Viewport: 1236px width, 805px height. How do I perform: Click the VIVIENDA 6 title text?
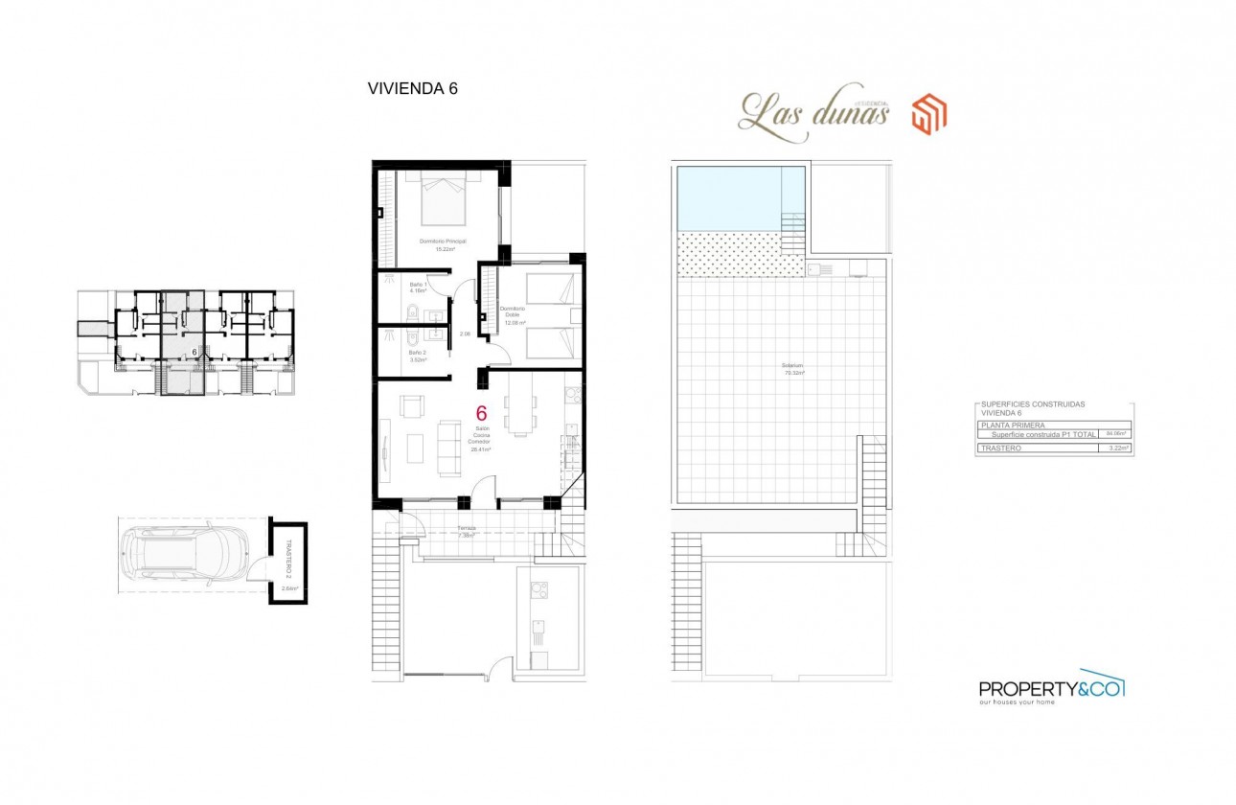(413, 88)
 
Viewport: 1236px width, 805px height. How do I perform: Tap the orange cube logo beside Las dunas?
(928, 114)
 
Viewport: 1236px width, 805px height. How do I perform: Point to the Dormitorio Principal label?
(442, 243)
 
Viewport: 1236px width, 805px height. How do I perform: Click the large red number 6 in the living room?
(481, 414)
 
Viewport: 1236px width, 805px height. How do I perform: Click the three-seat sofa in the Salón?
(447, 448)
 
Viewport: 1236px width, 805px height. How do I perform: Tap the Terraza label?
(467, 528)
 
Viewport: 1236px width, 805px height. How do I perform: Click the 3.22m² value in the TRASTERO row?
(1115, 448)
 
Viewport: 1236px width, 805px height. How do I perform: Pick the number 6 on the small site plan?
(195, 352)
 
